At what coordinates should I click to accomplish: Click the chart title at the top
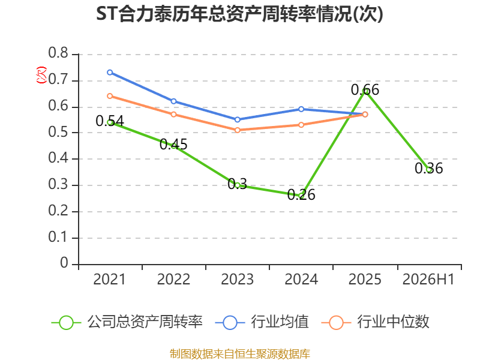239,14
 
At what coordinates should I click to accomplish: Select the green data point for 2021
110,122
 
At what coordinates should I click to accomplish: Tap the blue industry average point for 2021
110,73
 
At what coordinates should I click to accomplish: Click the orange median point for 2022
173,115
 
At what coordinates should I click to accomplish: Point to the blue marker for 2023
237,119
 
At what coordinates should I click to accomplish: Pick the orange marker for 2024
301,125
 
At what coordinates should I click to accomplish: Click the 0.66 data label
365,89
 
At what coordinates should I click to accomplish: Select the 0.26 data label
301,194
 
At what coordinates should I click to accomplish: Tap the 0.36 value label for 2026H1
428,169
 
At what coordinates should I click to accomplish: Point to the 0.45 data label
173,145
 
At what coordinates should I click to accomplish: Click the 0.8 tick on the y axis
58,53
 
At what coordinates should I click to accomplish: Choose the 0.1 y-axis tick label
58,237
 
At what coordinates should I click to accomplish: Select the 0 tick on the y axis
64,263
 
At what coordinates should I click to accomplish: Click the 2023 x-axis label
237,279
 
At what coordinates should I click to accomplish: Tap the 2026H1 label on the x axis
428,279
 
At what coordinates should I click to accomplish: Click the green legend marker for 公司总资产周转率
66,323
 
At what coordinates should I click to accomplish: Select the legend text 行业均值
280,322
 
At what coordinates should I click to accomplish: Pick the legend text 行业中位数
394,322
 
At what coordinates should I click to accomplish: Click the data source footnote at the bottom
239,354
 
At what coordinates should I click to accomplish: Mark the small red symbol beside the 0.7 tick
41,75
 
